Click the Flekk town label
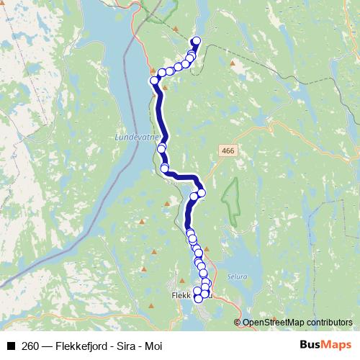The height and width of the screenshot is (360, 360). tap(180, 294)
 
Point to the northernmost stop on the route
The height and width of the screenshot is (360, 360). tap(196, 41)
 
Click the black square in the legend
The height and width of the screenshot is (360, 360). tap(11, 345)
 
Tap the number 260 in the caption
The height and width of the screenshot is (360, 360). tap(31, 345)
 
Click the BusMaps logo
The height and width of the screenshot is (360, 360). tap(325, 344)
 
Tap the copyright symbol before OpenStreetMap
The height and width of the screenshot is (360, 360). tap(238, 322)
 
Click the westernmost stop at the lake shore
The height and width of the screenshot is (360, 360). tap(154, 80)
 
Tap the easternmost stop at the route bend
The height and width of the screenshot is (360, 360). tap(202, 192)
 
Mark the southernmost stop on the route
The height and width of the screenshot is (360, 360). tap(199, 298)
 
